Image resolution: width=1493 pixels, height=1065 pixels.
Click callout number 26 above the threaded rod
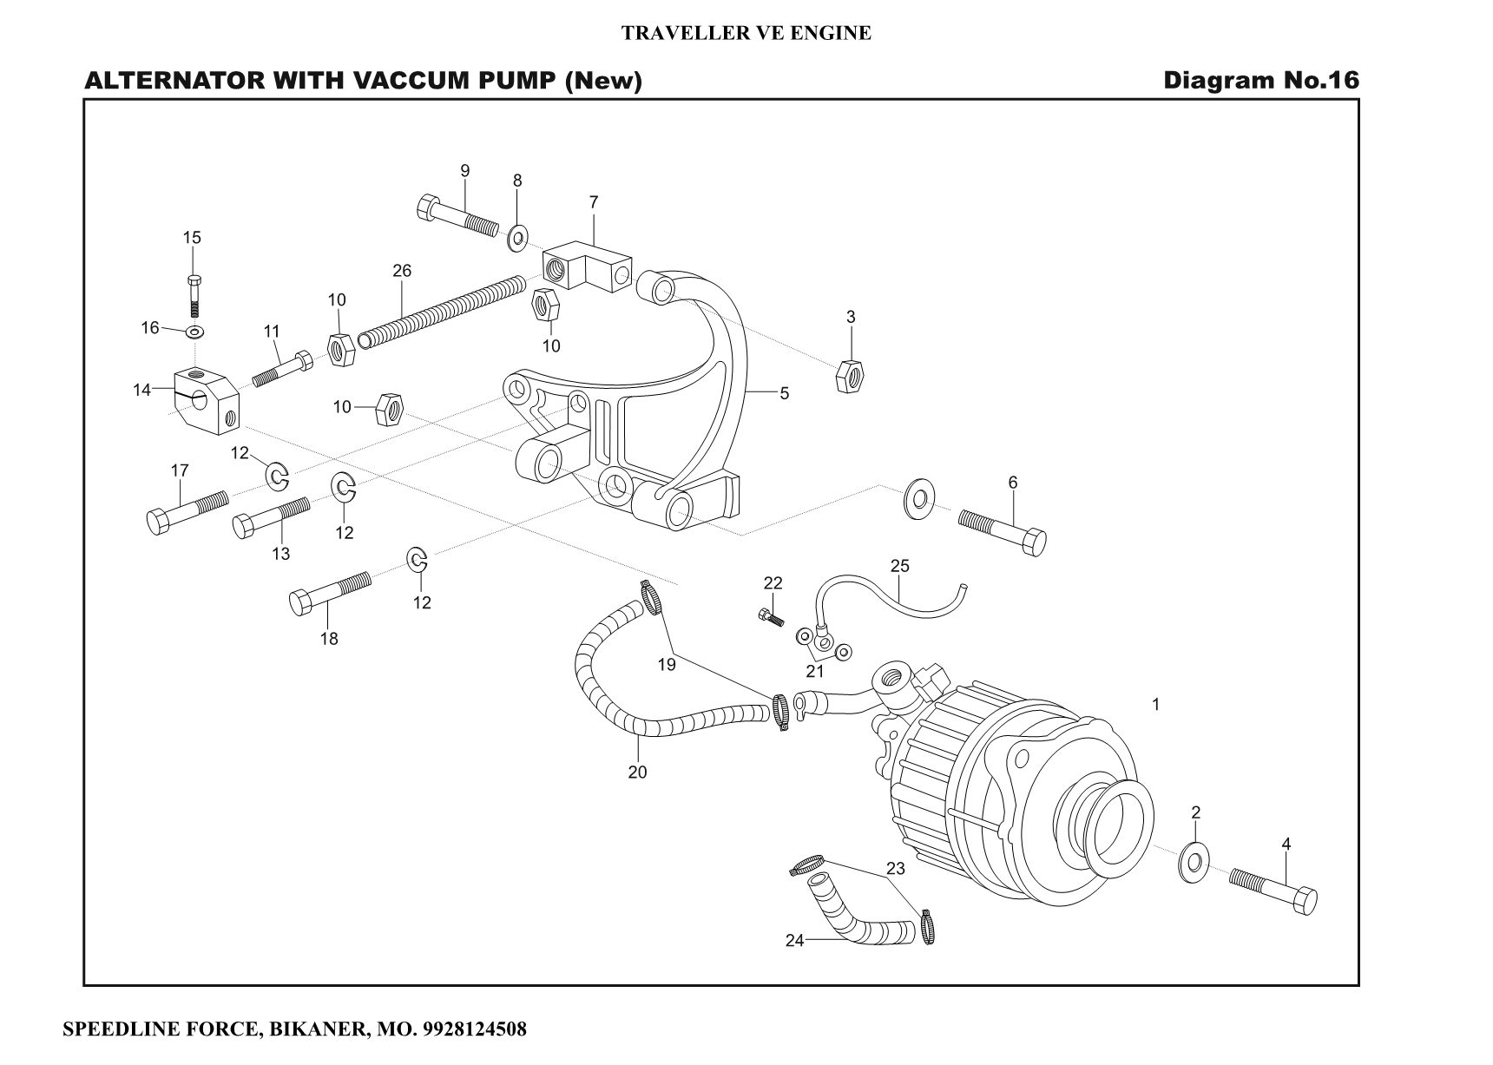(401, 271)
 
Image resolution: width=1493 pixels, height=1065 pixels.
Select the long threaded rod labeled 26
(443, 311)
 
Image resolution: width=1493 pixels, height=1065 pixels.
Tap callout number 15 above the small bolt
(192, 238)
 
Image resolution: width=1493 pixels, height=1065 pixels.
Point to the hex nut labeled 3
(849, 375)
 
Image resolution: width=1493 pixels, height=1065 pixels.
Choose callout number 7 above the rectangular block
(594, 202)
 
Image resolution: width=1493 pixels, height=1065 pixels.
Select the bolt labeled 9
(457, 217)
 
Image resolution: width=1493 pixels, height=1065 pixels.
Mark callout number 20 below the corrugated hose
(637, 772)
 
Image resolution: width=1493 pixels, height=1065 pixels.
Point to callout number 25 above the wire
(900, 566)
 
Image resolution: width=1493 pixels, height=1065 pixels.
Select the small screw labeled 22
(770, 615)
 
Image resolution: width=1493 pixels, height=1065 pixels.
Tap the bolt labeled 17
(186, 512)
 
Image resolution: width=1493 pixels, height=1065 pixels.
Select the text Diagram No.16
(1260, 81)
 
